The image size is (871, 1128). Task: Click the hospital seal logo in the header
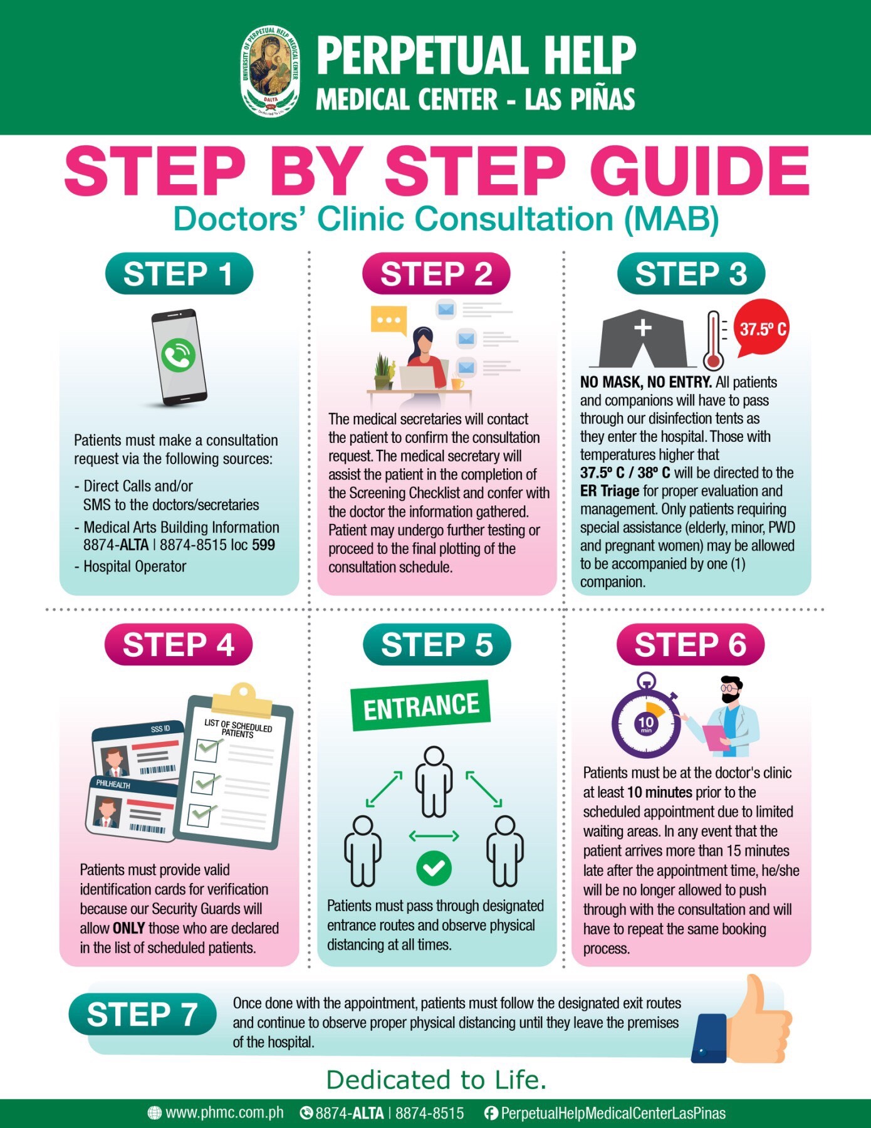pos(270,70)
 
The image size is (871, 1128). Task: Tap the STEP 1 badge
pos(179,274)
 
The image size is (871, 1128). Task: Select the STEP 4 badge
pos(179,645)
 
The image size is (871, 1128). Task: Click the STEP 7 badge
pos(142,1015)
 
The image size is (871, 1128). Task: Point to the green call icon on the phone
pos(178,355)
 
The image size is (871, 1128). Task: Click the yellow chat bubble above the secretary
pos(389,320)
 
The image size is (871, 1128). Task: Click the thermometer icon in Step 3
pos(714,342)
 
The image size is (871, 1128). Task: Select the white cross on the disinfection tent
pos(643,328)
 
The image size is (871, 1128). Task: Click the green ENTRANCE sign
pos(420,706)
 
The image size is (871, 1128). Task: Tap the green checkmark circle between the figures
pos(434,868)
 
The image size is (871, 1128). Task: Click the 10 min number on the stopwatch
pos(646,723)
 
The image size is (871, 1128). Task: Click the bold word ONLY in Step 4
pos(128,928)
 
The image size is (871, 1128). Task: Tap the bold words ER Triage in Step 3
pos(609,491)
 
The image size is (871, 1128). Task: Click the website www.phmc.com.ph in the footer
pos(224,1113)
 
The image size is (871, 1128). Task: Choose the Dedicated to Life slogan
pos(436,1080)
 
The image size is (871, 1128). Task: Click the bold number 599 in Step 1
pos(263,545)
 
